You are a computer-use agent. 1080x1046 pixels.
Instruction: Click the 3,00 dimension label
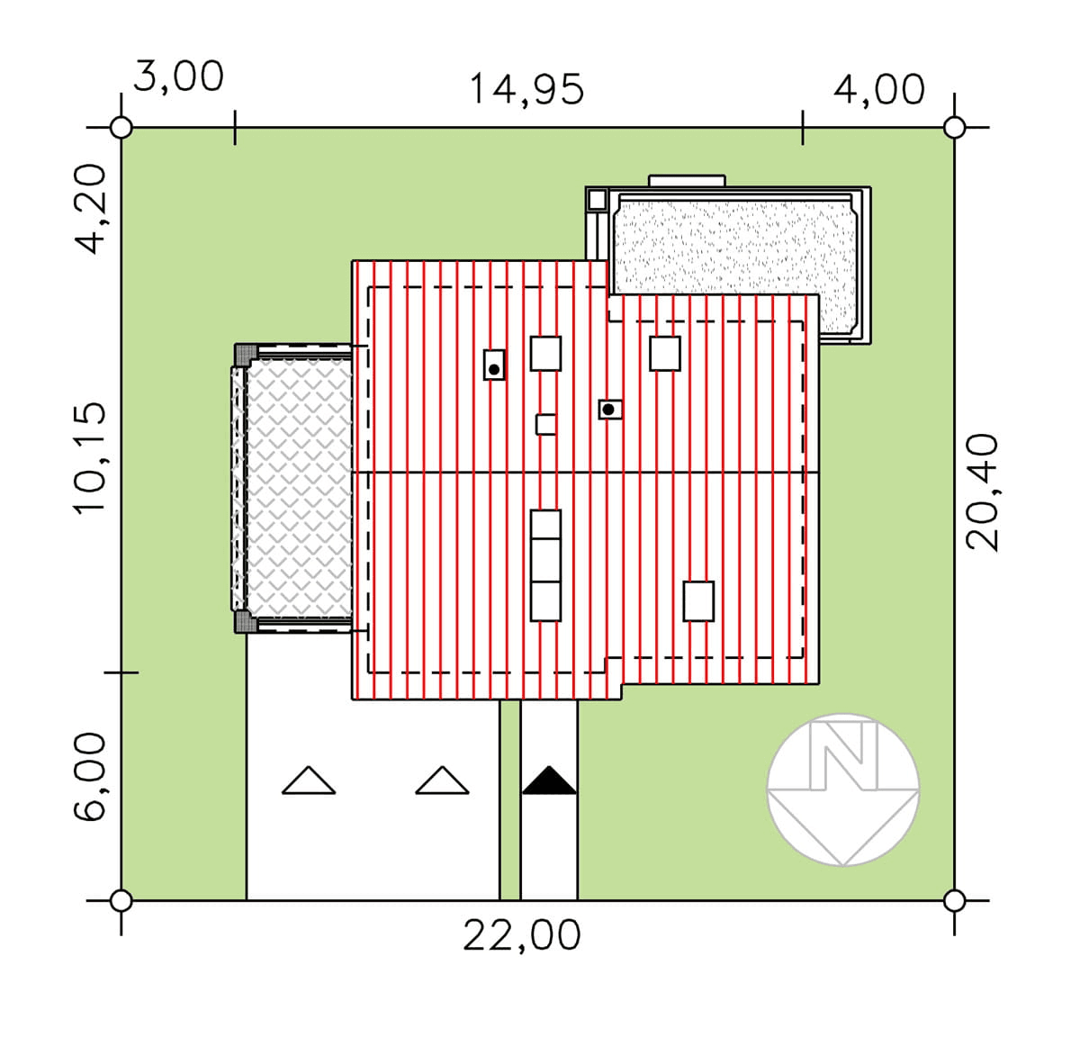pos(179,76)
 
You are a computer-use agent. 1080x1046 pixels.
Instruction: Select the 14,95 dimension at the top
pos(526,89)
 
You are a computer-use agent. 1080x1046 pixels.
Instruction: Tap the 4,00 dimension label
pos(879,89)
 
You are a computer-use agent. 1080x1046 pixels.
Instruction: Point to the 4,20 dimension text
pos(90,209)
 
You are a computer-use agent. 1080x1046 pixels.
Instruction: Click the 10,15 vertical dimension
pos(90,458)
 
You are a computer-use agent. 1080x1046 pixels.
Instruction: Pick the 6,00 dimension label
pos(90,777)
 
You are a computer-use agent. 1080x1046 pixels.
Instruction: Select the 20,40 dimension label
pos(982,491)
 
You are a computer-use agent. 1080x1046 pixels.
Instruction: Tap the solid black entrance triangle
pos(549,780)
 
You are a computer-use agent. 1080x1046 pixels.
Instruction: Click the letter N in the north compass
pos(842,754)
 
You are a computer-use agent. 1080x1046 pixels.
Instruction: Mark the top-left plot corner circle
pos(121,128)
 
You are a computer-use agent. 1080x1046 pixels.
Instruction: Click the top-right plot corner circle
pos(954,128)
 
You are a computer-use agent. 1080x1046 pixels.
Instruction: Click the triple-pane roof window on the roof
pos(545,565)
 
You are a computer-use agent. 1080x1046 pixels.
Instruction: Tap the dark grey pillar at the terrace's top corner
pos(246,355)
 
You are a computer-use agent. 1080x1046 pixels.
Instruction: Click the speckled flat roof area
pos(735,260)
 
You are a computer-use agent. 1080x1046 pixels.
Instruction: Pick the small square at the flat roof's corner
pos(598,200)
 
